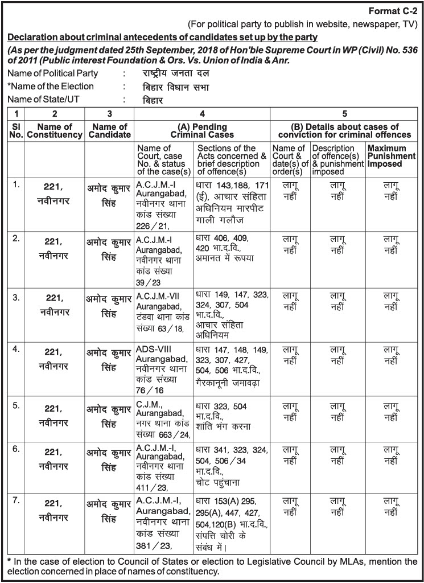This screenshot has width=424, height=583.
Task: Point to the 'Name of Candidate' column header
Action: pyautogui.click(x=109, y=130)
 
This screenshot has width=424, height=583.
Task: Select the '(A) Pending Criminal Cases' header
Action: pyautogui.click(x=202, y=130)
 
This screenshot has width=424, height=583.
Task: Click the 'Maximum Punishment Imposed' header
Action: pyautogui.click(x=390, y=155)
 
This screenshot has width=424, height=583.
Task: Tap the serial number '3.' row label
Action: pyautogui.click(x=17, y=295)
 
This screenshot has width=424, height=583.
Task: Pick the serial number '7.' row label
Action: pyautogui.click(x=17, y=500)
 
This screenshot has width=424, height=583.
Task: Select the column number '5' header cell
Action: pyautogui.click(x=345, y=113)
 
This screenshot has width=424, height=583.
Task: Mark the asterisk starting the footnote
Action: pyautogui.click(x=9, y=561)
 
